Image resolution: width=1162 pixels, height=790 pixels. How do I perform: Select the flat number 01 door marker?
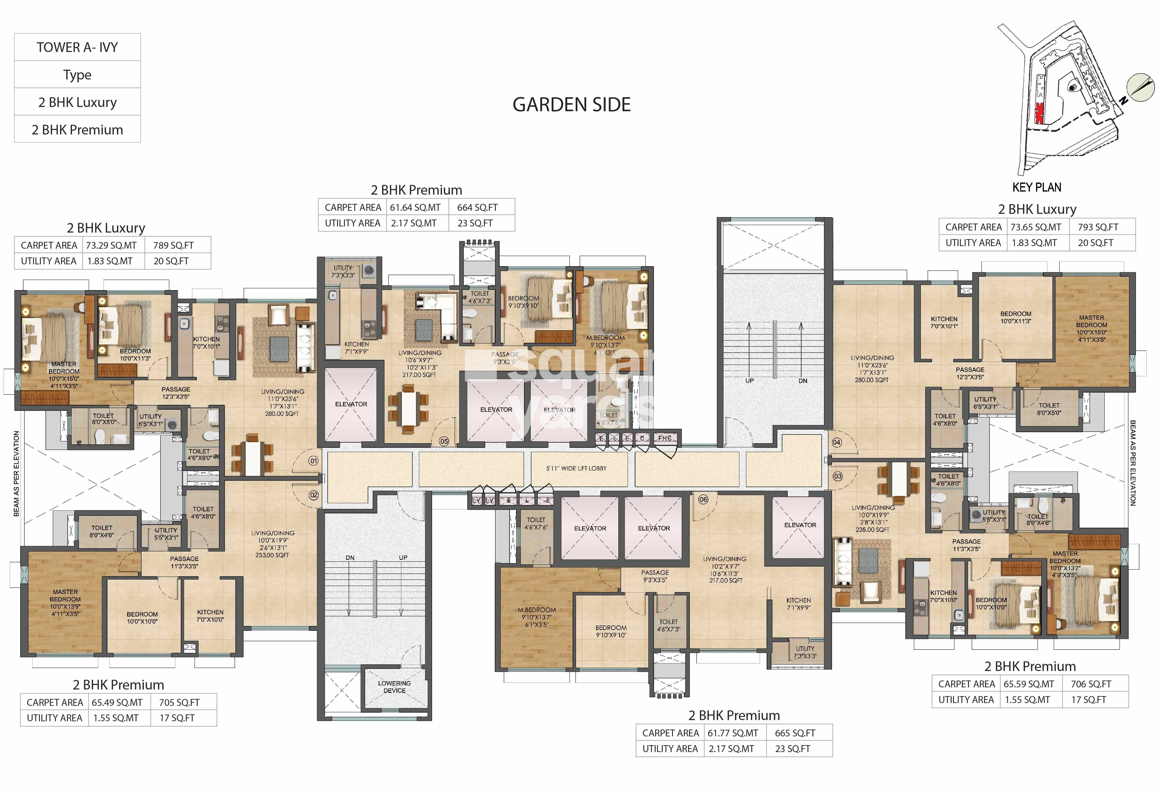(313, 461)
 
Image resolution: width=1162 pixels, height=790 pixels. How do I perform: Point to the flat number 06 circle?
(703, 499)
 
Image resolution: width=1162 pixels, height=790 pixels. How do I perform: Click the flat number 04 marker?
(837, 442)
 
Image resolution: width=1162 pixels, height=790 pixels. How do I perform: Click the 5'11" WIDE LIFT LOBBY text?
(576, 468)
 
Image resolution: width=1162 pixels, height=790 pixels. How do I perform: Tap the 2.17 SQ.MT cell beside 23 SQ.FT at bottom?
(731, 749)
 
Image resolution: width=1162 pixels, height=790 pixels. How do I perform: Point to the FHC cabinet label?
(664, 438)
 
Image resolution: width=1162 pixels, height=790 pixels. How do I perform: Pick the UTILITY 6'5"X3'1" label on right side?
(985, 403)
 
